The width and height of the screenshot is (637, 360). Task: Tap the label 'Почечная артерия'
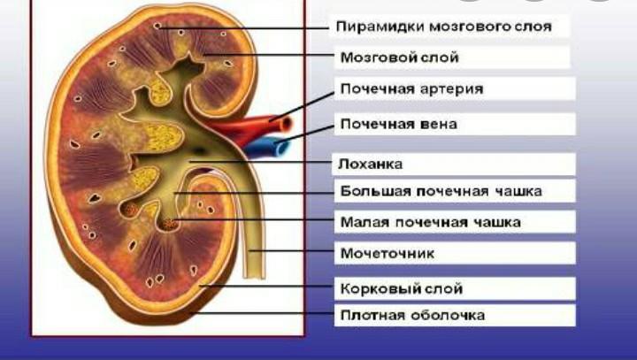point(411,89)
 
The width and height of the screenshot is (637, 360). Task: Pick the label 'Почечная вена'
point(398,123)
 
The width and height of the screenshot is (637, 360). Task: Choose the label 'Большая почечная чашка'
point(441,190)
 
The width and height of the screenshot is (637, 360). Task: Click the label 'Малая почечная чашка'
point(430,221)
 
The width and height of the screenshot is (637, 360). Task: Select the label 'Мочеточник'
point(387,254)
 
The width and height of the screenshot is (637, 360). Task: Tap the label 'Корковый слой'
point(401,288)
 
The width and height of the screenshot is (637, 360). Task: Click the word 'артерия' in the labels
point(451,89)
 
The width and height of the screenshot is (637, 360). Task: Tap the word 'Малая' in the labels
point(362,221)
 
